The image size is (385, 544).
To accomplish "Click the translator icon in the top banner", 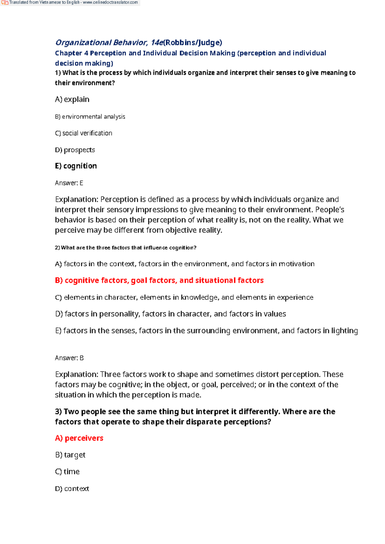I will [x=4, y=3].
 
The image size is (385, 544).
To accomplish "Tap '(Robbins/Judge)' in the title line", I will [x=193, y=43].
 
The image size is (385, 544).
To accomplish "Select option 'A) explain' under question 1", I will [x=72, y=99].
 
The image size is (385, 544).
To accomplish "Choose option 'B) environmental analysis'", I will [x=90, y=117].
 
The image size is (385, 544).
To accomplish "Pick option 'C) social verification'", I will [x=84, y=133].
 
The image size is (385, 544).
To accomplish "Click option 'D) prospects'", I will [x=75, y=150].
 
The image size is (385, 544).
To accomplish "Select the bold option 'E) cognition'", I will [x=76, y=166].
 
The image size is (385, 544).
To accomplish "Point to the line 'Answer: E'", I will [x=69, y=183].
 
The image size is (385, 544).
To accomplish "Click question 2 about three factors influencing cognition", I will [x=125, y=248].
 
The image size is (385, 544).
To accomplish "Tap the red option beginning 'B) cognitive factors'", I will [x=159, y=280].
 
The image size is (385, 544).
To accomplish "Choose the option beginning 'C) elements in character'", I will [x=184, y=297].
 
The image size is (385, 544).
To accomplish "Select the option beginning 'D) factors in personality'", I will [x=170, y=314].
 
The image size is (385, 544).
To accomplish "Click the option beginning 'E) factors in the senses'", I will [x=206, y=331].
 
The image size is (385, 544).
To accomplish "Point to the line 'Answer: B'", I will [x=69, y=358].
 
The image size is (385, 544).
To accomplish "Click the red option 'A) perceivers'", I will [x=79, y=438].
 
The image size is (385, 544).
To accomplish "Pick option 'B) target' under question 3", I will [x=70, y=455].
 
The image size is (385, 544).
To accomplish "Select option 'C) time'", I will [x=67, y=472].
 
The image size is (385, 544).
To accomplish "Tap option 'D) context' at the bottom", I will [x=72, y=489].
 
